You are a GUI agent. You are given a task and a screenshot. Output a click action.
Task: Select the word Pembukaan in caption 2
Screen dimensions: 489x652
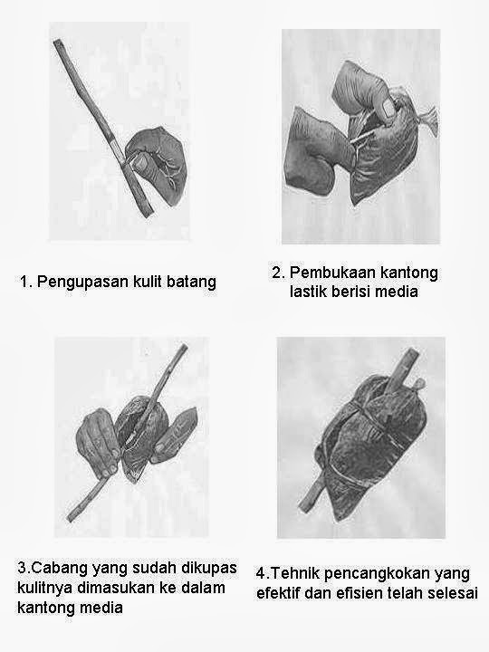(x=332, y=273)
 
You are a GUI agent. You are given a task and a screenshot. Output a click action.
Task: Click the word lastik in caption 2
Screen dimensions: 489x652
(x=308, y=292)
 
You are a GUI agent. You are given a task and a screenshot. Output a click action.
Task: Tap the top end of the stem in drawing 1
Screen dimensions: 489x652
(x=57, y=42)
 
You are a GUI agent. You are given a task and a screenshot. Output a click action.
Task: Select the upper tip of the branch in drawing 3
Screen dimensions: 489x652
(x=183, y=347)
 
